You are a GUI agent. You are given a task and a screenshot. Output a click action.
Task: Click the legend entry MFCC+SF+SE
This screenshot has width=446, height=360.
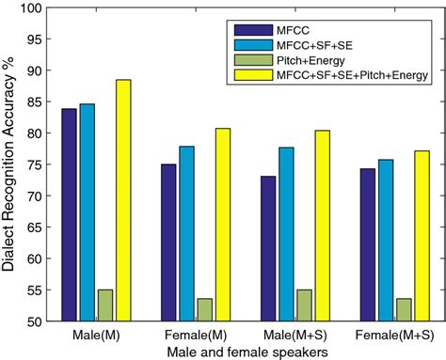[x=311, y=43]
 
